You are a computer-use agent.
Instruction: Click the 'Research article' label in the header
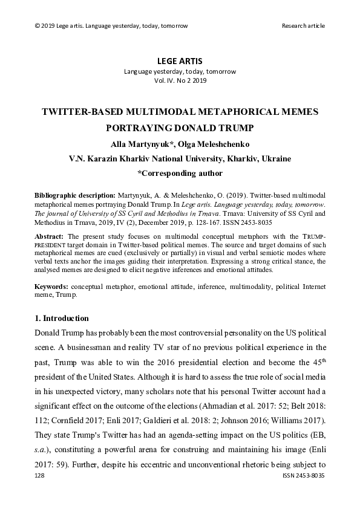[x=303, y=25]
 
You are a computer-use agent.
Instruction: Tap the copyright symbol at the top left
[x=38, y=25]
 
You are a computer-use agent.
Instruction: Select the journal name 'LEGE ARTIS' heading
[x=180, y=61]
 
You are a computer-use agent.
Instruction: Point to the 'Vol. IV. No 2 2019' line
[x=180, y=80]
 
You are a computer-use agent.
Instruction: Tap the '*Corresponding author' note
[x=180, y=173]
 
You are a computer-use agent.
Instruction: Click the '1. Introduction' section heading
[x=62, y=319]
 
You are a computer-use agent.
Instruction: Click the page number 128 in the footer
[x=41, y=493]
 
